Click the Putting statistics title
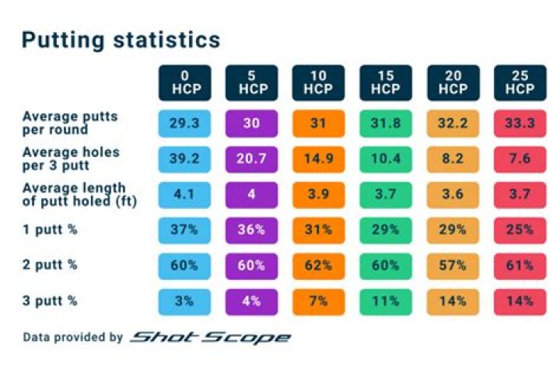click(121, 40)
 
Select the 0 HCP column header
click(184, 82)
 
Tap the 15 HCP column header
click(385, 82)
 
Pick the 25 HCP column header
click(519, 82)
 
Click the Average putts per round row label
click(70, 122)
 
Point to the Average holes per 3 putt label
click(71, 158)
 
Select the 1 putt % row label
click(50, 229)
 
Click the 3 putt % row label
click(50, 300)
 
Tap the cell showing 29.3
click(184, 123)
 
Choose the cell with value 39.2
click(184, 158)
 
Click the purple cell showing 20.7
click(251, 158)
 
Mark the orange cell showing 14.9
click(318, 158)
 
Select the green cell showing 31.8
click(385, 123)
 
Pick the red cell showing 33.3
click(519, 123)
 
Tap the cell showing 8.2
click(452, 158)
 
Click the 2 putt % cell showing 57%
click(452, 265)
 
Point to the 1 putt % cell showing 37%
click(184, 229)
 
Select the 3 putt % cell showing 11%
click(385, 300)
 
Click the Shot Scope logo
click(210, 337)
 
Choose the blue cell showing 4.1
click(184, 193)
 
